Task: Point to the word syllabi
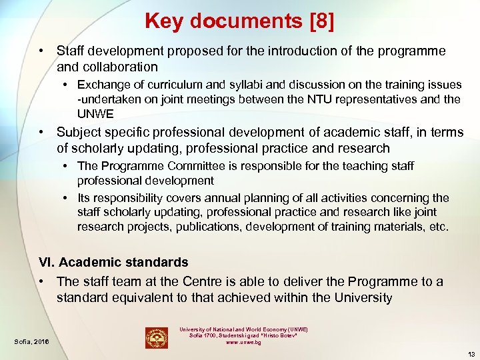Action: [221, 85]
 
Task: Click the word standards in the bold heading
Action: [153, 263]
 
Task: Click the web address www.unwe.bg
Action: [243, 342]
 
